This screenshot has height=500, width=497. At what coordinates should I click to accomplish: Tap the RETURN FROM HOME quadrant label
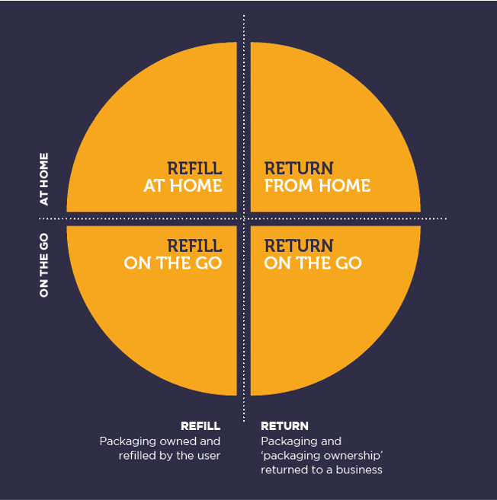[316, 177]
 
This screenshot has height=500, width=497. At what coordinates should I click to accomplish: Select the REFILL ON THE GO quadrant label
[173, 254]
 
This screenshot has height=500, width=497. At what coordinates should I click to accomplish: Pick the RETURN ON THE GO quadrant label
[312, 254]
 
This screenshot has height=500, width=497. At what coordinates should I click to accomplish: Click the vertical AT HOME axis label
[44, 179]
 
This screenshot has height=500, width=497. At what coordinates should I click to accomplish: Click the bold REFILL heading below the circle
[200, 426]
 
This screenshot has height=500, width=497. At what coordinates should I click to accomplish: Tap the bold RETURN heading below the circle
[284, 426]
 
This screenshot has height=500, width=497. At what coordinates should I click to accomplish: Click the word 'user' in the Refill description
[207, 455]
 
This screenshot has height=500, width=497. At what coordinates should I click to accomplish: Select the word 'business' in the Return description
[361, 470]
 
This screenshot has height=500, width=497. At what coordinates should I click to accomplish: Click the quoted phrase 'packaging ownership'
[322, 455]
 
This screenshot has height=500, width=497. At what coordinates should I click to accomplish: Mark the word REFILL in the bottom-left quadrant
[194, 246]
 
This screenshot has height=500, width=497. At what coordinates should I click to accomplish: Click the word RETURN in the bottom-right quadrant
[299, 246]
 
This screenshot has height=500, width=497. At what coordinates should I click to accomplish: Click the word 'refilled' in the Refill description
[138, 455]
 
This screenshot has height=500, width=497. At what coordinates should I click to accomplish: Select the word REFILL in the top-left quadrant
[194, 168]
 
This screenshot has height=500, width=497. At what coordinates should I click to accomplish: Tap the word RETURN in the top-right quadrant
[299, 168]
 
